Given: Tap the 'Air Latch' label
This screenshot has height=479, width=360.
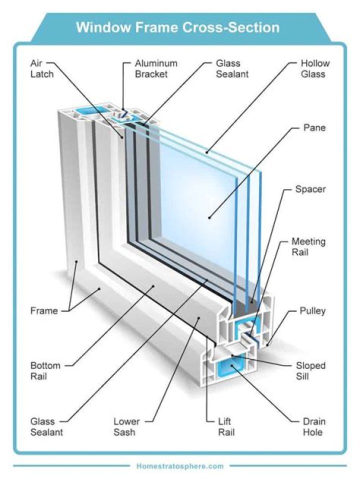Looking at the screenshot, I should [39, 69].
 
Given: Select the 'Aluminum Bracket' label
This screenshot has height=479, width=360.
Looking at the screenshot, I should [155, 69].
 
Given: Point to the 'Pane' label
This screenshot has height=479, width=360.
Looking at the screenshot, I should [314, 128].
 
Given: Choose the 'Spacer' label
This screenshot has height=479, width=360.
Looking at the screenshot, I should [310, 189].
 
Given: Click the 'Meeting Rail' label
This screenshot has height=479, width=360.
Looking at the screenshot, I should [308, 247].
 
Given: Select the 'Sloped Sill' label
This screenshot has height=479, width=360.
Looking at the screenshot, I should [310, 371].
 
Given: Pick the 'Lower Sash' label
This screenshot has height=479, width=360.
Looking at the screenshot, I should [126, 426].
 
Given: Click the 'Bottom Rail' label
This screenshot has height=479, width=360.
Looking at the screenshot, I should [45, 371].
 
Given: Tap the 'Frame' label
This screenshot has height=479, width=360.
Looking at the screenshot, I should [44, 311].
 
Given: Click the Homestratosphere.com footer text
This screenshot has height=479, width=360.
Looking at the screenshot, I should [179, 466].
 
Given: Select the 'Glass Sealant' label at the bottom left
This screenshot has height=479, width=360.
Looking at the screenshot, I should [46, 426].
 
